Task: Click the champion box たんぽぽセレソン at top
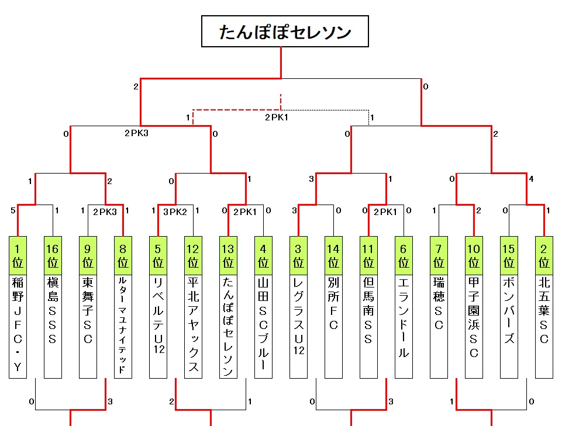point(285,32)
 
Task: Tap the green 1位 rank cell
point(18,255)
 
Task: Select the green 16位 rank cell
point(53,255)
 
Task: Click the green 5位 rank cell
point(158,255)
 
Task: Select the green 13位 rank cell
point(228,255)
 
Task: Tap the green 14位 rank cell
point(333,255)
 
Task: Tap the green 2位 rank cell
point(544,255)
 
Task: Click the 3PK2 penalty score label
point(175,212)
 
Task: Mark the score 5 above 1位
point(13,210)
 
